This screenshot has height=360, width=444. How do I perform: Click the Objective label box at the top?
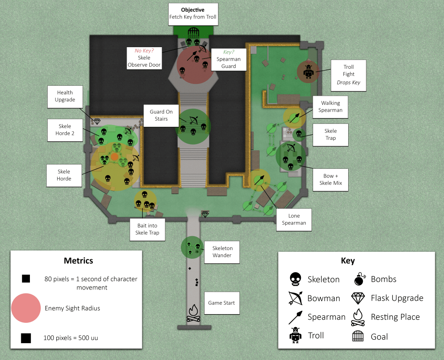click(193, 13)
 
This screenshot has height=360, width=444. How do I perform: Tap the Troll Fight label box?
click(349, 75)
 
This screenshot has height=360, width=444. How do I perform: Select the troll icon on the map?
click(308, 71)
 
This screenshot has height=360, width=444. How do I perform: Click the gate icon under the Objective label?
click(193, 32)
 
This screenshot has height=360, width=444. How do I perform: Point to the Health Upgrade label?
click(65, 96)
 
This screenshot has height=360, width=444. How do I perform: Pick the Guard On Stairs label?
click(161, 115)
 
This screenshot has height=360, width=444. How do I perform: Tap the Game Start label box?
click(222, 303)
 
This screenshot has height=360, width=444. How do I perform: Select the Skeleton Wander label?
click(222, 252)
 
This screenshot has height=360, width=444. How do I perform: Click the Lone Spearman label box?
click(294, 219)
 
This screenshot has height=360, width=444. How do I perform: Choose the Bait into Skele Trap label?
click(147, 229)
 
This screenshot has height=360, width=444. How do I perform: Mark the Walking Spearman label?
click(330, 106)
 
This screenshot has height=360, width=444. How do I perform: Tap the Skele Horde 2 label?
click(65, 130)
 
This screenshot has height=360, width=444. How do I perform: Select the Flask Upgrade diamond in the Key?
click(358, 298)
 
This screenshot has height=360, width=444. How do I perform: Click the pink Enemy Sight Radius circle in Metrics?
click(26, 308)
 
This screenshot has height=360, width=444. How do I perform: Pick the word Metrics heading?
click(78, 260)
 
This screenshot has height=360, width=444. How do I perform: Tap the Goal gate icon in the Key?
click(358, 336)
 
